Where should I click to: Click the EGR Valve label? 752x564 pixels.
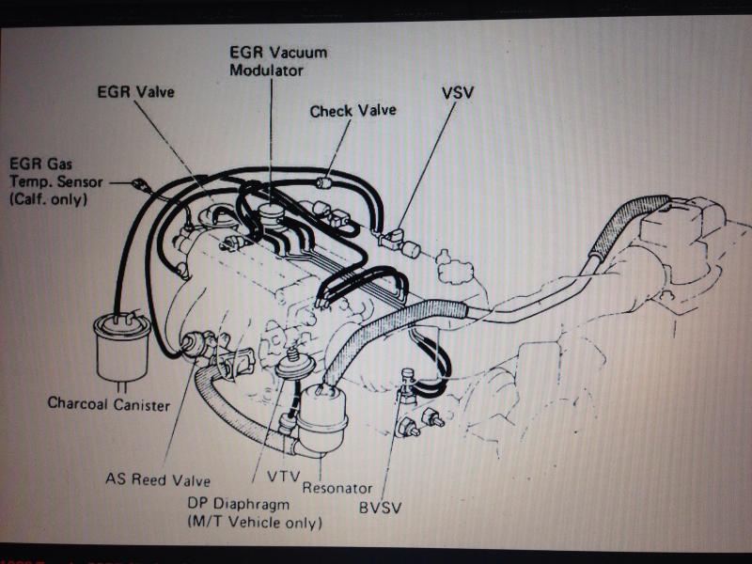(x=135, y=91)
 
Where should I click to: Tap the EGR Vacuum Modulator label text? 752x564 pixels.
(x=278, y=61)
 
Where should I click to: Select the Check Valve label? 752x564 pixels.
(x=353, y=111)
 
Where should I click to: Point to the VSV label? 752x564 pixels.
(x=458, y=92)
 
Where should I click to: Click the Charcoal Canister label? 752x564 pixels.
(x=109, y=404)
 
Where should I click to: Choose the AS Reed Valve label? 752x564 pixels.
(x=158, y=479)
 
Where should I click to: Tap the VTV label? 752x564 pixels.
(x=284, y=477)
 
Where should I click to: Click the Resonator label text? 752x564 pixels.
(x=337, y=488)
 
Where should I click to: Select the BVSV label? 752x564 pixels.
(x=380, y=508)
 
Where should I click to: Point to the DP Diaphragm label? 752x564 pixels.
(x=239, y=504)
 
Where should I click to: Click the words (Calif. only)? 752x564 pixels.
(x=49, y=199)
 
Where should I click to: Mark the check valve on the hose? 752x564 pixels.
(x=324, y=182)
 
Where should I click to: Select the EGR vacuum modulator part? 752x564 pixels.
(x=271, y=213)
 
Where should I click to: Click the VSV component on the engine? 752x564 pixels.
(x=394, y=239)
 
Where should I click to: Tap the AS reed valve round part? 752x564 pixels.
(x=193, y=344)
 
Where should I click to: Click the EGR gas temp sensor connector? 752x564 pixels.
(x=140, y=184)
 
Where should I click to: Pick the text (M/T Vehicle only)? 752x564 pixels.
(x=255, y=523)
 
